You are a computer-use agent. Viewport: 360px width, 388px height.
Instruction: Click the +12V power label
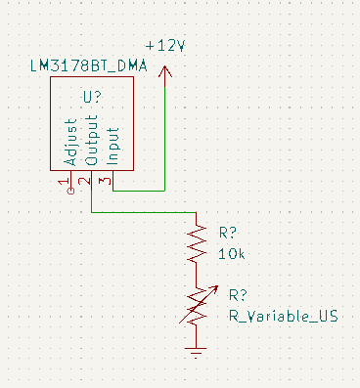(165, 46)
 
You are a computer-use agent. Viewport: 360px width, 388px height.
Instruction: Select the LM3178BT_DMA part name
(89, 66)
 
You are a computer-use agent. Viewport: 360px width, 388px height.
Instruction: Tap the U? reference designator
(93, 97)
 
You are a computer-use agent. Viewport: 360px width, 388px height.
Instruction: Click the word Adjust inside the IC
(70, 142)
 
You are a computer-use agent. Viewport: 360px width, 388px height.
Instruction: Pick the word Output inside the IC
(92, 140)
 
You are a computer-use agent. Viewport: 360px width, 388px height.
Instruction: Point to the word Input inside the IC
(112, 146)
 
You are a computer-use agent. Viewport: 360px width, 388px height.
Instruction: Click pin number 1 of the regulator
(64, 182)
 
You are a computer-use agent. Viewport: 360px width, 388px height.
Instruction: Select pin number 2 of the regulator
(85, 181)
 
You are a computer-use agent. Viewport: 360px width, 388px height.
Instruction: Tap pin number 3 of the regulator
(107, 181)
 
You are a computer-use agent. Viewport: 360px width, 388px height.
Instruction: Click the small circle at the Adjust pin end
(70, 191)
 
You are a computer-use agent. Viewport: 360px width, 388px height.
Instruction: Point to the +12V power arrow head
(165, 71)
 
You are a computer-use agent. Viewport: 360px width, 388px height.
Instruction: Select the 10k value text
(231, 254)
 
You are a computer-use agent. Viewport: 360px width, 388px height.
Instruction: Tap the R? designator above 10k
(228, 233)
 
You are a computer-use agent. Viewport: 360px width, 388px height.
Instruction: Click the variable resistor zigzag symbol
(197, 307)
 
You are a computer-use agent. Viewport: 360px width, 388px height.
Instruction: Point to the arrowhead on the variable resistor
(214, 288)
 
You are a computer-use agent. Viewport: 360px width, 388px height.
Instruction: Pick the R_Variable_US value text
(284, 316)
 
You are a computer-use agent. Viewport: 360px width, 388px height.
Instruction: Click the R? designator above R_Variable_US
(238, 295)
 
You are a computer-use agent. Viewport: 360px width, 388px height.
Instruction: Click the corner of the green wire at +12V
(165, 191)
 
